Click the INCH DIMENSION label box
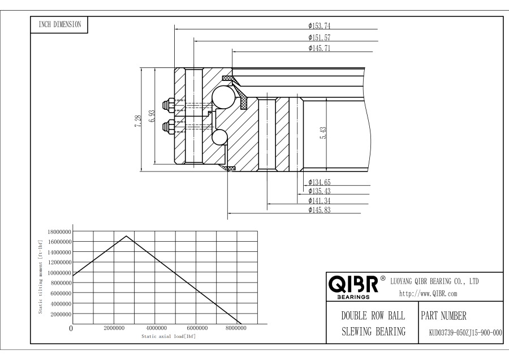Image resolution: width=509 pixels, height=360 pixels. (x=59, y=25)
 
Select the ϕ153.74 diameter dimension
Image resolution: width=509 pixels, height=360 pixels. (x=320, y=25)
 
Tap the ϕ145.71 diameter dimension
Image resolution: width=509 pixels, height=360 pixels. (x=320, y=48)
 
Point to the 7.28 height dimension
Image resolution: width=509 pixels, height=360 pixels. (x=138, y=121)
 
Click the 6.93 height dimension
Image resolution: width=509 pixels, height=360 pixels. (x=152, y=116)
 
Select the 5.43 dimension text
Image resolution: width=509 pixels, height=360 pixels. (x=323, y=133)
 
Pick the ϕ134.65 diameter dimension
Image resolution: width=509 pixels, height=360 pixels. (x=320, y=182)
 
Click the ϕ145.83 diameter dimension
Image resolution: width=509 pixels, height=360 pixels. (x=320, y=210)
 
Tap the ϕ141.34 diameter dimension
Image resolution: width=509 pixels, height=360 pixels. (x=320, y=201)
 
